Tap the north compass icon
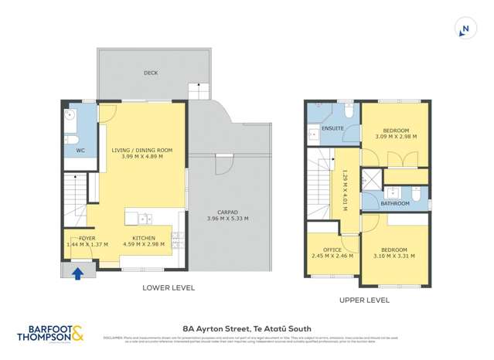pos(465,29)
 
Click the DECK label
pos(151,73)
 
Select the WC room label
pos(80,151)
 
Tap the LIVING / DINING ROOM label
pos(141,150)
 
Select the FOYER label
pos(78,238)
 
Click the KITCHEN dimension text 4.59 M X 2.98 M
pos(144,245)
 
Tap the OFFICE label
pos(332,249)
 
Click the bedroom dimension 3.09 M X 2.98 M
pos(395,137)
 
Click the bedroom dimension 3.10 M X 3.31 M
pos(395,256)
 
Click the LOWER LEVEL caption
pos(169,287)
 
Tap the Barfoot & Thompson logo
pos(52,333)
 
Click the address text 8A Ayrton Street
pos(246,328)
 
